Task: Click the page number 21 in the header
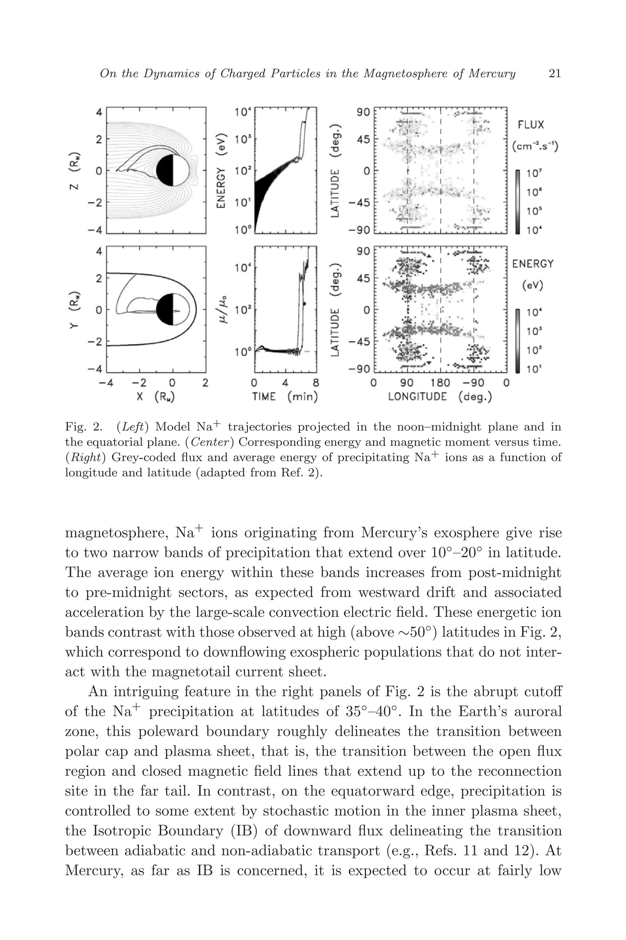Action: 555,73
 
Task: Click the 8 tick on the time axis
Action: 316,383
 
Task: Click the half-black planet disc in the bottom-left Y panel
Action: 172,309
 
